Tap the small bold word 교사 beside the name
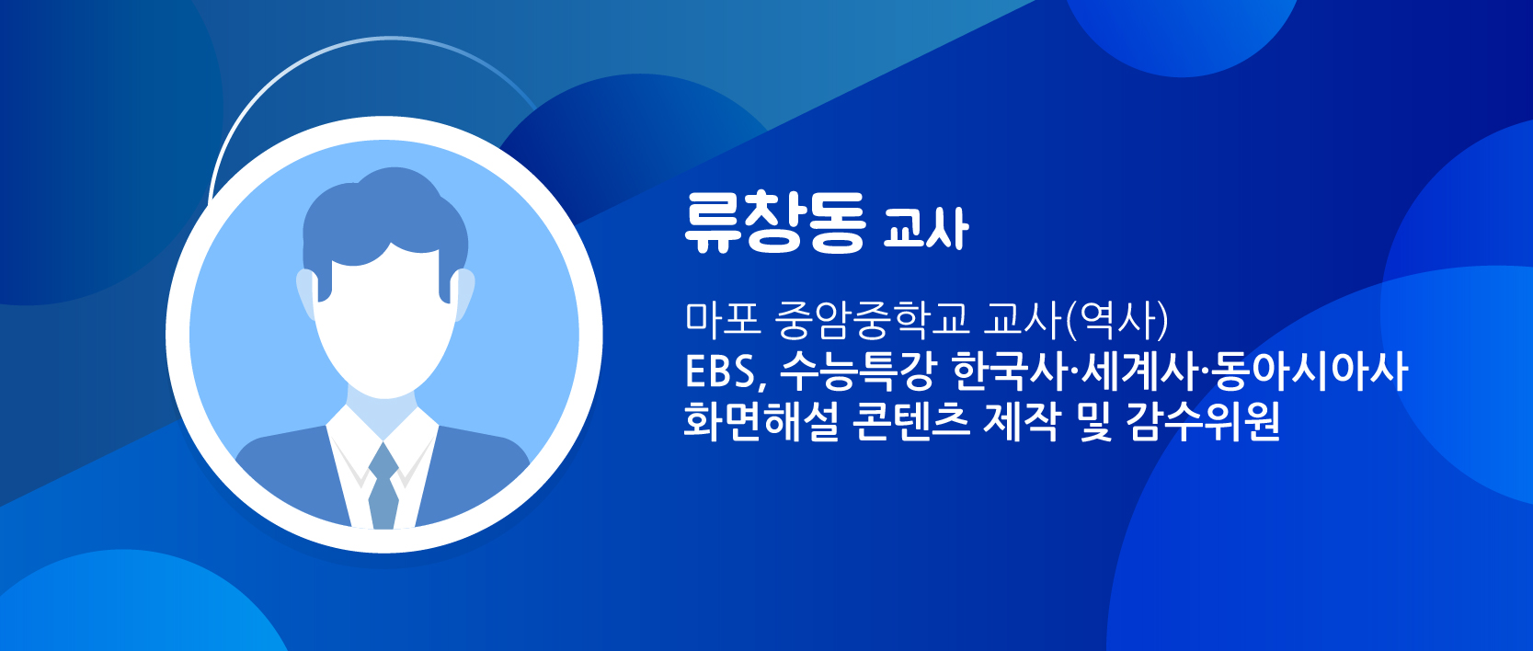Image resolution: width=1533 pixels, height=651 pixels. click(926, 228)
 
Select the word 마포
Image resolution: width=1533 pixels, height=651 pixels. click(724, 320)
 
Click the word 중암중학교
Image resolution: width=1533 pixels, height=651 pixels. click(874, 320)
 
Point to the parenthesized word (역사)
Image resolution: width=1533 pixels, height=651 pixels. click(1112, 320)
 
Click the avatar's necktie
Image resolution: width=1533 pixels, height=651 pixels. click(383, 486)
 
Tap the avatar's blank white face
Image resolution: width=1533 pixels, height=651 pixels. click(385, 322)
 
